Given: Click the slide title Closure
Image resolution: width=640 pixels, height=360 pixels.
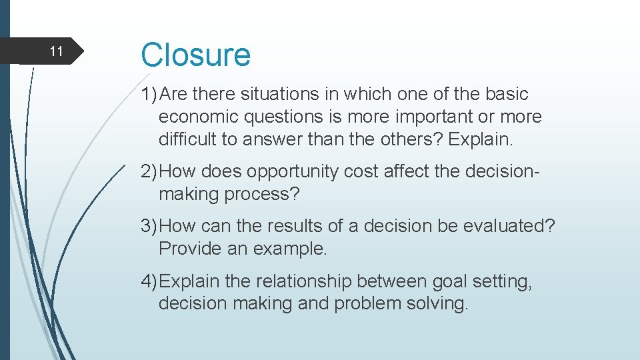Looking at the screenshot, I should tap(195, 55).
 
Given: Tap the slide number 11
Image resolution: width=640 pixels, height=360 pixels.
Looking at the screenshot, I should tap(57, 51).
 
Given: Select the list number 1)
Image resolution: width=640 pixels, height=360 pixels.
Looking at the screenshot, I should tap(149, 95).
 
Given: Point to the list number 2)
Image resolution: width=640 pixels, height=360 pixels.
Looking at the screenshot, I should tap(149, 171).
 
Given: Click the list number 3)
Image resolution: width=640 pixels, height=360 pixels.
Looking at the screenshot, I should tap(149, 226).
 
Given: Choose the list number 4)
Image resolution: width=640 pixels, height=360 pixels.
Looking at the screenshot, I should tap(149, 281).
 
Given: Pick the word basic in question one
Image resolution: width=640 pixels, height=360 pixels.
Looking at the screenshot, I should tap(504, 95).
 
